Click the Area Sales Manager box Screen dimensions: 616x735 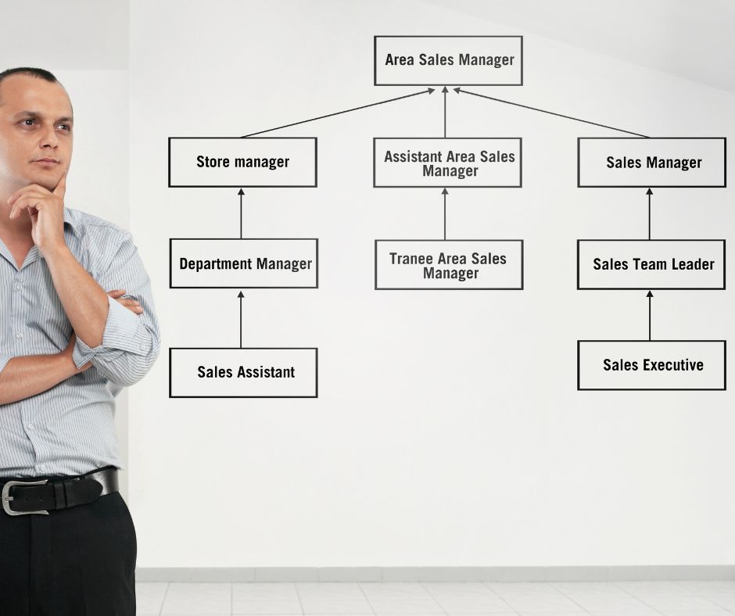point(448,60)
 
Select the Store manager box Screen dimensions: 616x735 point(242,163)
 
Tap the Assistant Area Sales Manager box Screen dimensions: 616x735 point(447,163)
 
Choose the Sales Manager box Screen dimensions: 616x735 point(652,163)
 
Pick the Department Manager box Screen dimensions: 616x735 point(244,263)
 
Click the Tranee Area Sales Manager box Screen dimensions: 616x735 point(449,265)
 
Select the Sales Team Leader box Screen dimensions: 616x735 point(652,264)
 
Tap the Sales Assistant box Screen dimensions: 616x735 point(243,373)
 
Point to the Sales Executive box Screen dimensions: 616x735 point(651,365)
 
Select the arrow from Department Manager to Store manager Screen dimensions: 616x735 point(241,213)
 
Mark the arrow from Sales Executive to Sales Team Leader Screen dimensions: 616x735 point(649,315)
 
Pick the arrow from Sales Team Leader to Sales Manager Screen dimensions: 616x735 point(649,213)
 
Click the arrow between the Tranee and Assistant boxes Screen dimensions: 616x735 point(445,213)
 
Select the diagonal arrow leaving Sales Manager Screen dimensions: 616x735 point(551,113)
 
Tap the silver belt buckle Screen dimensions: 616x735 point(18,497)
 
